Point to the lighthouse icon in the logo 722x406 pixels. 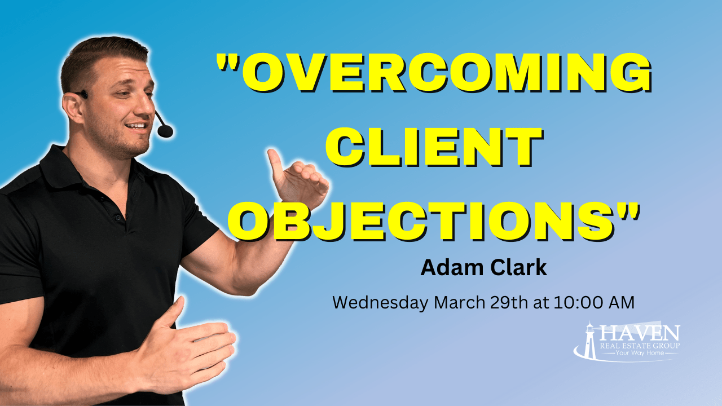590,341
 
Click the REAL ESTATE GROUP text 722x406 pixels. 640,345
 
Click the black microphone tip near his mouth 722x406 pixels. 165,131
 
